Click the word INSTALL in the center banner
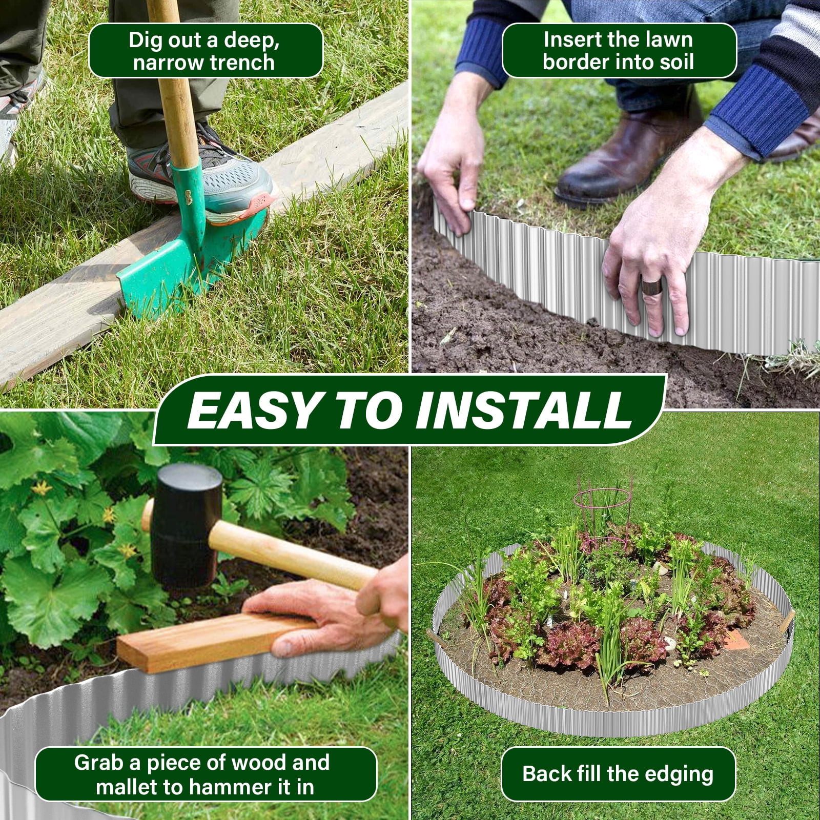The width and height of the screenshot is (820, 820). tap(524, 411)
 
